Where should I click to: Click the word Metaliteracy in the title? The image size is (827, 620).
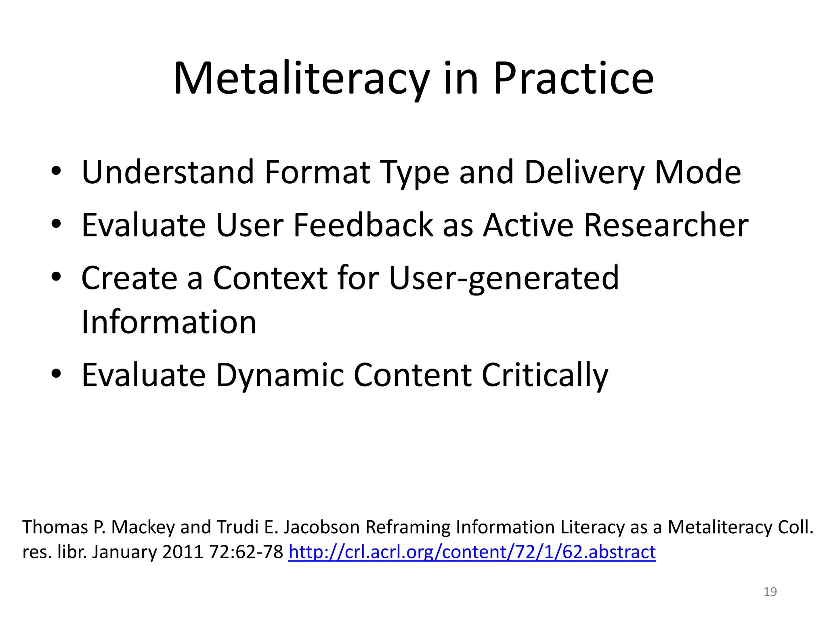301,79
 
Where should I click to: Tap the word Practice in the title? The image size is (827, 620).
573,79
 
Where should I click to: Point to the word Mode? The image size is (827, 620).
697,173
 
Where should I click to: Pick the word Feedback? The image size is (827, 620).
363,225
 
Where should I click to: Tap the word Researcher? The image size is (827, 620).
666,225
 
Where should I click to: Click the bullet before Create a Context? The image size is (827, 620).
56,276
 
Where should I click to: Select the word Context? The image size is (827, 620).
270,278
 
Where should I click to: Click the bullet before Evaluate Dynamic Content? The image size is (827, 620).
56,374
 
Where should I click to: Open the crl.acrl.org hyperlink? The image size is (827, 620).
472,552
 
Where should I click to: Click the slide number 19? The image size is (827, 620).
770,592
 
